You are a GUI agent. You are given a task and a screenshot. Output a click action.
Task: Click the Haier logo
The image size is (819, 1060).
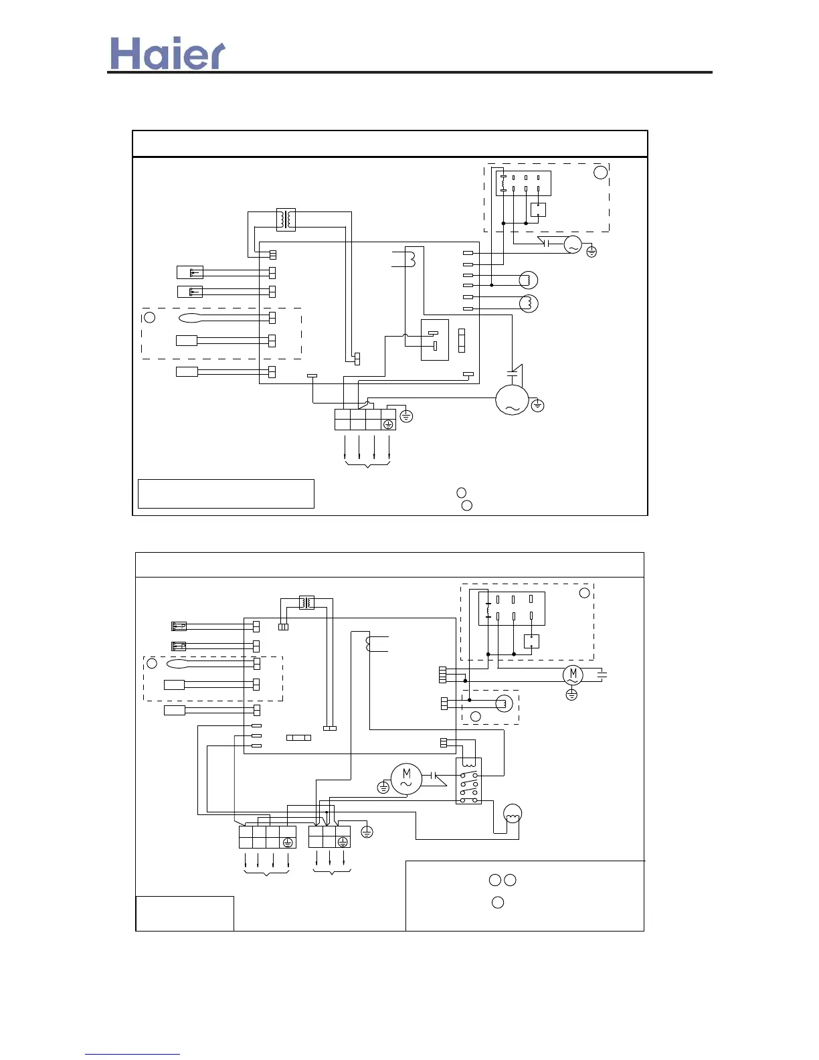click(167, 53)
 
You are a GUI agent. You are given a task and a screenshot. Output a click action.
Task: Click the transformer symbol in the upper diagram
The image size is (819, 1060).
click(286, 219)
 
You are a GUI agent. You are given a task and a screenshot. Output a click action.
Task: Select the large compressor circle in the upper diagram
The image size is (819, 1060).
click(512, 400)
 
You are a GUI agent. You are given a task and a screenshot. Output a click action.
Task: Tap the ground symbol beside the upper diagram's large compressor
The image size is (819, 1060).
click(538, 406)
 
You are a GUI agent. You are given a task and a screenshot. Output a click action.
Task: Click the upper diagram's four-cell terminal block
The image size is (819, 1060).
click(365, 420)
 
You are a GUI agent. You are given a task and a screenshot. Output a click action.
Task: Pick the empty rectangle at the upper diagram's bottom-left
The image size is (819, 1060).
click(225, 494)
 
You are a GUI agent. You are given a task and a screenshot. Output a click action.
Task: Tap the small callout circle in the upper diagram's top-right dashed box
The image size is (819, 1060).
click(601, 172)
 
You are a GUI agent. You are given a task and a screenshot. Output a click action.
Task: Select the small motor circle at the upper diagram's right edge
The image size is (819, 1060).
click(573, 245)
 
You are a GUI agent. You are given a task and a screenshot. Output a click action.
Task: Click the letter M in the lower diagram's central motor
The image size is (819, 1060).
click(406, 774)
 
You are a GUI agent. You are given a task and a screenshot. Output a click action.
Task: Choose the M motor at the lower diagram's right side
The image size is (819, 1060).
click(573, 675)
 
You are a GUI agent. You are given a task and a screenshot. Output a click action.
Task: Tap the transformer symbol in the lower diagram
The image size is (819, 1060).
click(306, 602)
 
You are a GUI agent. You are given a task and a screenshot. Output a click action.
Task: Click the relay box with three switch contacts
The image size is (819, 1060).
click(468, 781)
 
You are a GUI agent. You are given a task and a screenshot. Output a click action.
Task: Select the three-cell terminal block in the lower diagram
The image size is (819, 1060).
click(329, 837)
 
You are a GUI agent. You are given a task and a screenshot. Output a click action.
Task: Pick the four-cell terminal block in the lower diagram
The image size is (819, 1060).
click(267, 837)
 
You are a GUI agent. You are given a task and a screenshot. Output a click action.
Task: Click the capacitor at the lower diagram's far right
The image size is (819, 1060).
click(602, 675)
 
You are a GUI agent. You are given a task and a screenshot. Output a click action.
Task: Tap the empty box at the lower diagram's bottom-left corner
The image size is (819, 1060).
click(185, 913)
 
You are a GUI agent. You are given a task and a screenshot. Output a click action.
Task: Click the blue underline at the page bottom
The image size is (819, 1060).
click(132, 1054)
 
